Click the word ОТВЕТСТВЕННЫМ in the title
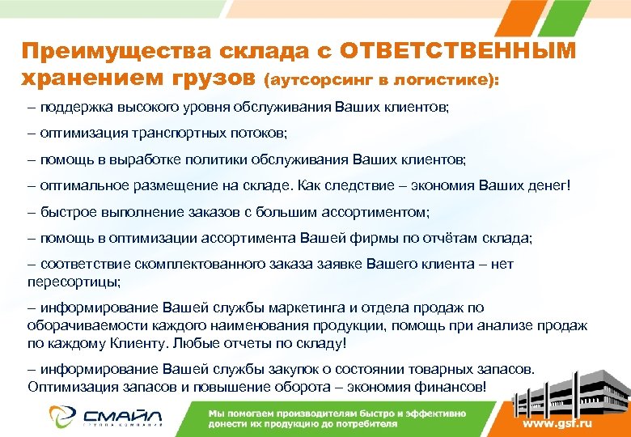coord(458,52)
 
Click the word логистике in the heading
coord(449,81)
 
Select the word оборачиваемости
coord(83,325)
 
